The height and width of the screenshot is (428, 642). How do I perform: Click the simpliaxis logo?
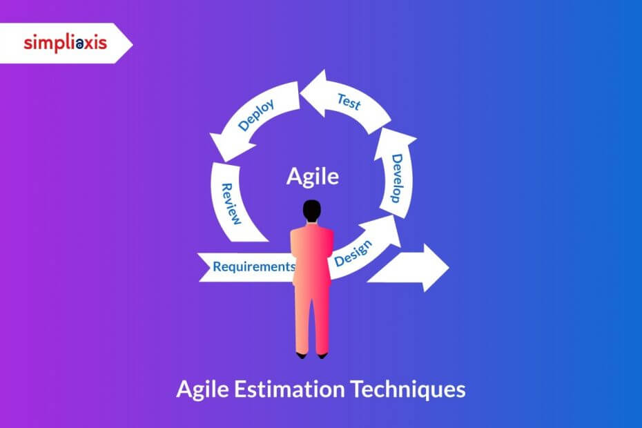pyautogui.click(x=65, y=43)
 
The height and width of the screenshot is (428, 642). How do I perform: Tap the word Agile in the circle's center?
pyautogui.click(x=313, y=177)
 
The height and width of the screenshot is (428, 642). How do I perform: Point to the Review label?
pyautogui.click(x=231, y=204)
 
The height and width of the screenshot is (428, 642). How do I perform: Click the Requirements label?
pyautogui.click(x=254, y=266)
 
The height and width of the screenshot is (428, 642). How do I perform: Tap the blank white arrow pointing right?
pyautogui.click(x=411, y=267)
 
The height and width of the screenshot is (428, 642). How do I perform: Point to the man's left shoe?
pyautogui.click(x=302, y=355)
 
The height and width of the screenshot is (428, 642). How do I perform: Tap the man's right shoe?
pyautogui.click(x=322, y=355)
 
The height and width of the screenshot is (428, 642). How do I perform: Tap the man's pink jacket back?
pyautogui.click(x=312, y=255)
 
